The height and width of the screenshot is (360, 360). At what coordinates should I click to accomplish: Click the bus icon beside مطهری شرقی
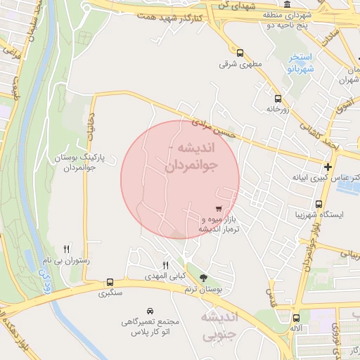pos(240,53)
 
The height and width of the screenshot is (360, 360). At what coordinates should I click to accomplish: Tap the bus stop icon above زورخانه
pos(278,98)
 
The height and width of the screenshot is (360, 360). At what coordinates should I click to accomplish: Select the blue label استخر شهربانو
pos(301,63)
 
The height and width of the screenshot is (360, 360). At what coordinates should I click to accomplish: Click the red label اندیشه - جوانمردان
pos(191,157)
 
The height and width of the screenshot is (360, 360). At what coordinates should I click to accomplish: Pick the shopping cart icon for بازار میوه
pos(219,208)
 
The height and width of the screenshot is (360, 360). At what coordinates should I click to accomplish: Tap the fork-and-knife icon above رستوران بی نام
pos(67,248)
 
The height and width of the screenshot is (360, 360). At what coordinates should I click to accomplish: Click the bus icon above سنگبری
pos(110,281)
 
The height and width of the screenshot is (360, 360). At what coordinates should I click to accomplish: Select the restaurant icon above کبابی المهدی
pos(166,265)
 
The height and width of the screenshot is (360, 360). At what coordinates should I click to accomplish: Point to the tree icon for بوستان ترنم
pos(203,278)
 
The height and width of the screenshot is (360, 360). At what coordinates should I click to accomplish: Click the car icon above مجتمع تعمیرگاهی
pos(150,310)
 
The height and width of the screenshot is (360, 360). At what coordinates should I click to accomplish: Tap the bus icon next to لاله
pos(296,317)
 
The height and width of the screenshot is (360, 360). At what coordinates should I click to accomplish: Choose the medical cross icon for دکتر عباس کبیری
pos(328,167)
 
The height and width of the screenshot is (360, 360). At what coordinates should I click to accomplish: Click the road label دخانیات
pos(91,129)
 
